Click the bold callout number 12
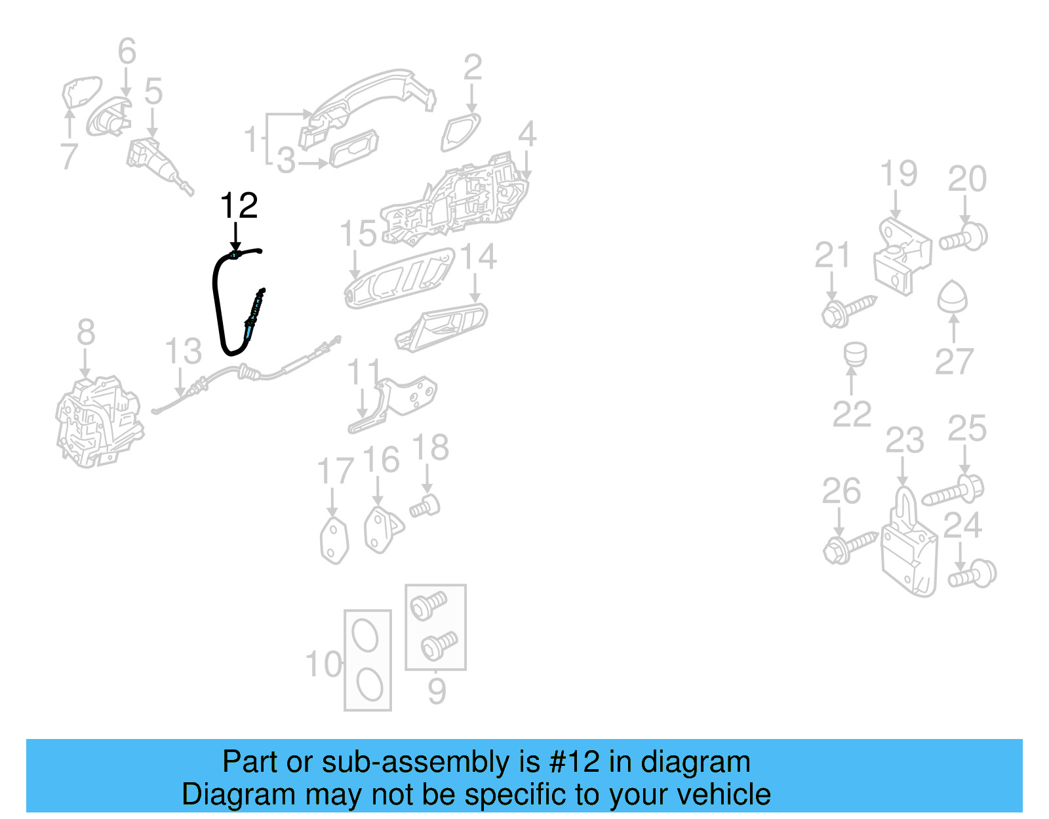pyautogui.click(x=239, y=206)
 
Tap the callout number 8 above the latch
pyautogui.click(x=86, y=332)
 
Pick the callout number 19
pyautogui.click(x=898, y=174)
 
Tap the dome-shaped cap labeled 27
pyautogui.click(x=952, y=298)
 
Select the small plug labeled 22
pyautogui.click(x=854, y=354)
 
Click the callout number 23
pyautogui.click(x=904, y=441)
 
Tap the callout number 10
pyautogui.click(x=324, y=665)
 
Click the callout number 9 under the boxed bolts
pyautogui.click(x=437, y=691)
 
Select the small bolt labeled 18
pyautogui.click(x=425, y=506)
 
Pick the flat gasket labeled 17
pyautogui.click(x=334, y=540)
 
